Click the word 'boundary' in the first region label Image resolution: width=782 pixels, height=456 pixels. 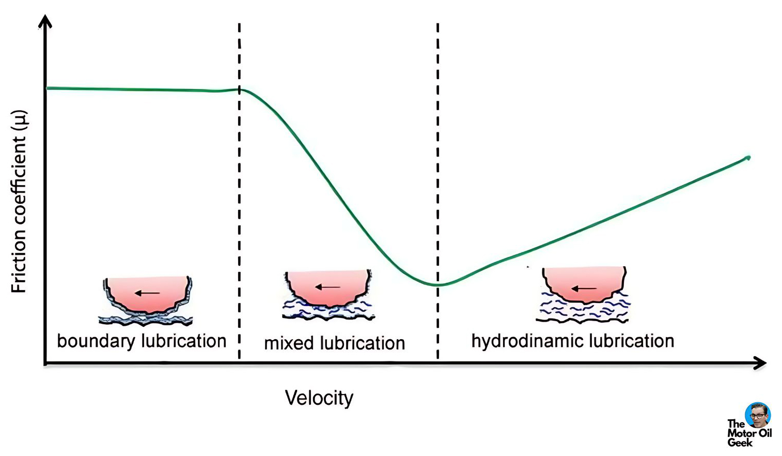(96, 341)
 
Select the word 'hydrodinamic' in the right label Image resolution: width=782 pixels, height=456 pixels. (527, 341)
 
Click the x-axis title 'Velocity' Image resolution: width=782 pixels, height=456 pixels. (319, 398)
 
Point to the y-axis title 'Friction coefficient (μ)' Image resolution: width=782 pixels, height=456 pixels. (19, 202)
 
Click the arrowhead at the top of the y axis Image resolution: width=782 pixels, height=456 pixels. (45, 22)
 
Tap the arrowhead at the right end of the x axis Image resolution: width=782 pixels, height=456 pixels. (760, 363)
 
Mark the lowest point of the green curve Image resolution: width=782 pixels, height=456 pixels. (436, 285)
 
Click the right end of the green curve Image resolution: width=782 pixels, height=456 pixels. (749, 158)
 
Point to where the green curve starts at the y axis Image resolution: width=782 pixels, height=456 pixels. (47, 88)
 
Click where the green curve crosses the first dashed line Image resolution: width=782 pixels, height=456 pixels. (240, 90)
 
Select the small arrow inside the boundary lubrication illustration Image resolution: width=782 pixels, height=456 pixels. (147, 293)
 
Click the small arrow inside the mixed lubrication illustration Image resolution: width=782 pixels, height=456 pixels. (327, 287)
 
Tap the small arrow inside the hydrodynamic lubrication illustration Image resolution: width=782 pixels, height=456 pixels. (584, 288)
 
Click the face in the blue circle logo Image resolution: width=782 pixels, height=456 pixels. (758, 415)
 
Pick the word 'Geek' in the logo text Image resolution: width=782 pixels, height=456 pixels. (740, 443)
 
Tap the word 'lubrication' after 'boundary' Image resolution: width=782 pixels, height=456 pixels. (184, 341)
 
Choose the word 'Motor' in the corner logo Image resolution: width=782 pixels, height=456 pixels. (740, 433)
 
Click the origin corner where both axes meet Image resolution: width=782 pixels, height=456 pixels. (45, 364)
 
